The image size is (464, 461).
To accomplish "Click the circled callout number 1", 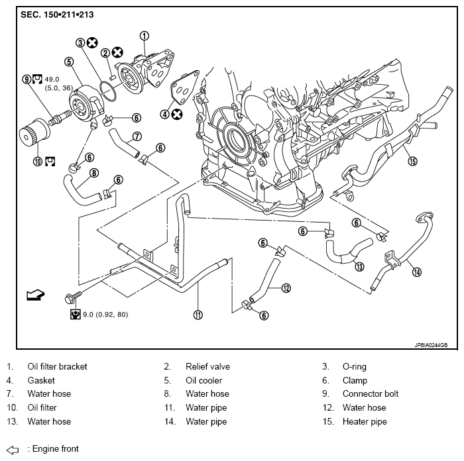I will (x=145, y=36).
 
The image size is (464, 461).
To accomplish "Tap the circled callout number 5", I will (x=68, y=62).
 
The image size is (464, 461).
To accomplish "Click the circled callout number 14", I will (x=416, y=270).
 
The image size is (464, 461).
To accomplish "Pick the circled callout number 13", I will (x=359, y=268).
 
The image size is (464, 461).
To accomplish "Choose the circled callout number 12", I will (x=286, y=287).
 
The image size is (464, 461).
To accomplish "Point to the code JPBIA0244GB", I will (x=435, y=344).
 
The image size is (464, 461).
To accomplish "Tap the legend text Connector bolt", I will (x=371, y=393).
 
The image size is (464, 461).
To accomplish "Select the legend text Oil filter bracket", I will (x=57, y=366).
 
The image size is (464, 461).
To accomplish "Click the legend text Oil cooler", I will (x=203, y=380).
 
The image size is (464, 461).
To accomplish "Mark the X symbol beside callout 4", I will (x=178, y=114).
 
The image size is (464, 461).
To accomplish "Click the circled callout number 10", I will (x=37, y=160).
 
